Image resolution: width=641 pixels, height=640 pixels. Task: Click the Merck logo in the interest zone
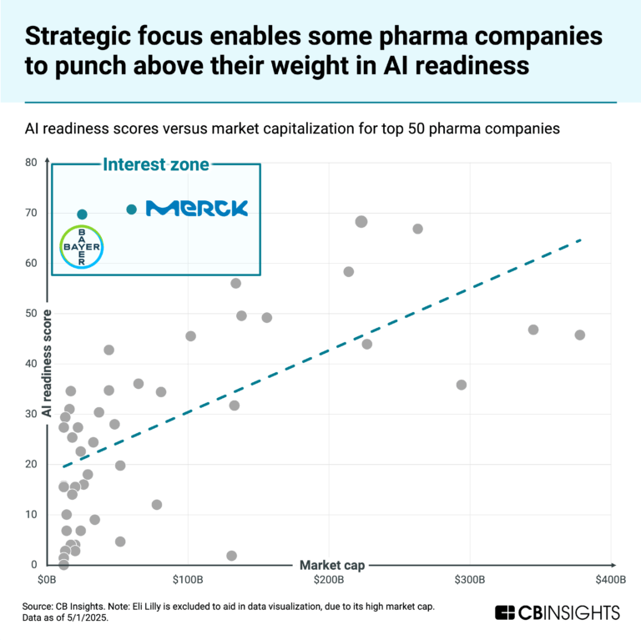pyautogui.click(x=197, y=209)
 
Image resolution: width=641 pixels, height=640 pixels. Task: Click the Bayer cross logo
pyautogui.click(x=82, y=246)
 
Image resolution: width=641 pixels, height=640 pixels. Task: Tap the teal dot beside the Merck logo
pyautogui.click(x=131, y=209)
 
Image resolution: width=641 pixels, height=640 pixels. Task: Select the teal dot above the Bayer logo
pyautogui.click(x=82, y=214)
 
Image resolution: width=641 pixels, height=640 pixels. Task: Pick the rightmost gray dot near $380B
pyautogui.click(x=580, y=335)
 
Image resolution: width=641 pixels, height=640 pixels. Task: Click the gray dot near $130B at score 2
pyautogui.click(x=231, y=556)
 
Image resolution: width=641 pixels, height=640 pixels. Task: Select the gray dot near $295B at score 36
pyautogui.click(x=462, y=385)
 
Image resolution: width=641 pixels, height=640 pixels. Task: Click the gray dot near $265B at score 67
pyautogui.click(x=418, y=229)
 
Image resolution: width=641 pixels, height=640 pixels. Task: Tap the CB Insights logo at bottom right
pyautogui.click(x=558, y=612)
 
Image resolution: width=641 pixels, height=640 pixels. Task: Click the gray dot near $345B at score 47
pyautogui.click(x=533, y=330)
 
